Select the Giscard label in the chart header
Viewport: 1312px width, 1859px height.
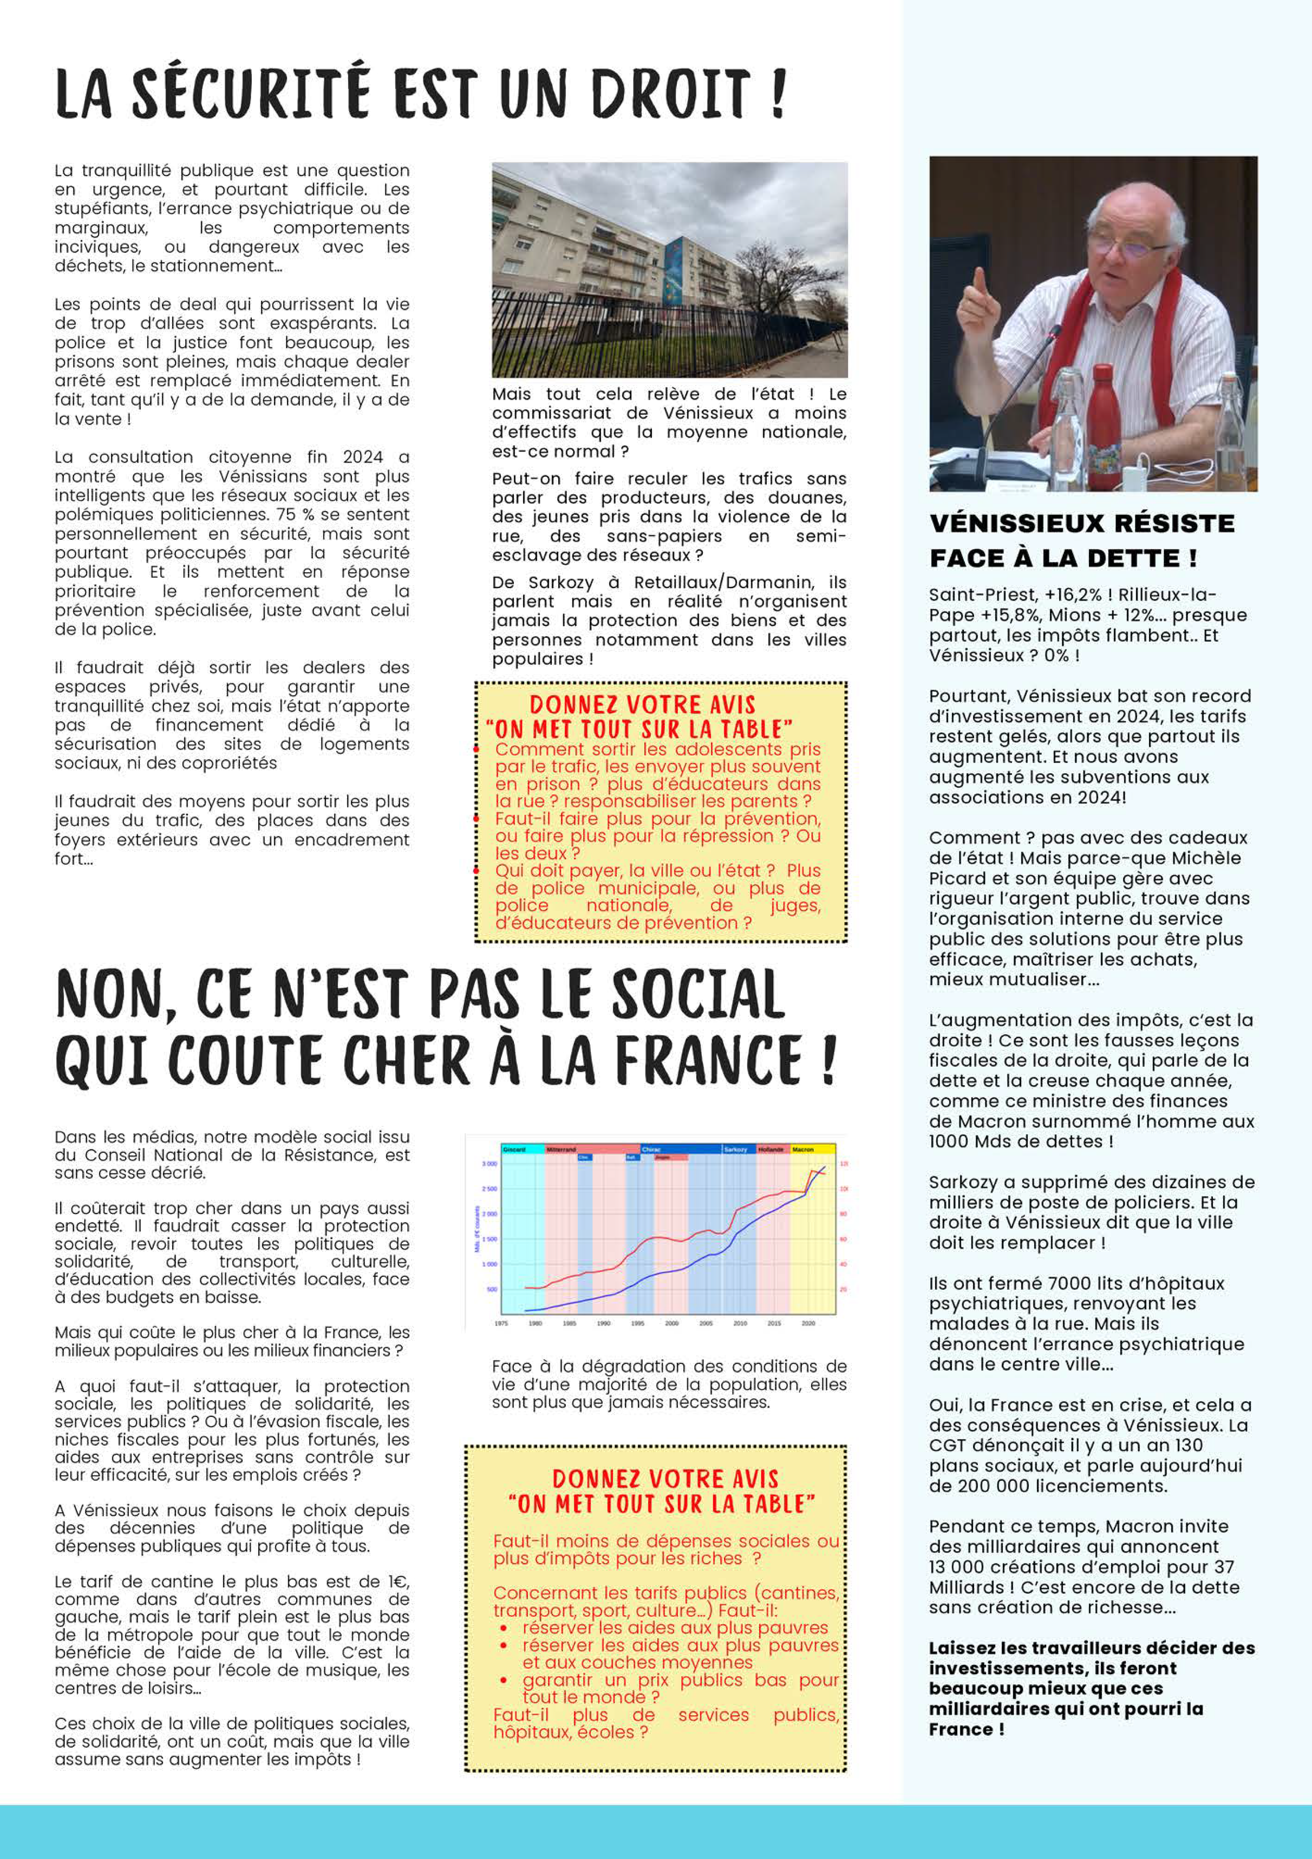pyautogui.click(x=514, y=1149)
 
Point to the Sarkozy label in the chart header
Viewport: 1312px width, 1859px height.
pyautogui.click(x=735, y=1149)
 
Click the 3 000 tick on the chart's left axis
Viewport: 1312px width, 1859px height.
pyautogui.click(x=489, y=1163)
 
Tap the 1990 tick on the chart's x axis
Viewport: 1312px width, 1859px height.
pyautogui.click(x=603, y=1323)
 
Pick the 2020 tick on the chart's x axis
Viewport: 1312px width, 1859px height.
pyautogui.click(x=808, y=1323)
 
